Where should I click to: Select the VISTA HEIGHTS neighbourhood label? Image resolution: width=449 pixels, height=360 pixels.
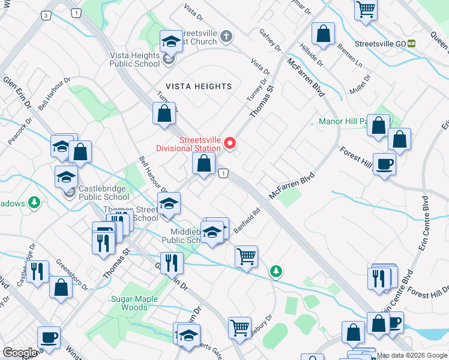(x=195, y=86)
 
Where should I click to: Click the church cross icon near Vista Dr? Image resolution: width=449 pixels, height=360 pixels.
(x=226, y=37)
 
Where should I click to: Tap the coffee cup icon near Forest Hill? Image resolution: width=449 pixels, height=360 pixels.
(x=384, y=163)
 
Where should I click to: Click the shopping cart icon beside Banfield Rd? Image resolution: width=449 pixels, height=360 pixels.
(x=246, y=257)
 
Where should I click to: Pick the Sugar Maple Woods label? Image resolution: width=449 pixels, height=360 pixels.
(x=134, y=303)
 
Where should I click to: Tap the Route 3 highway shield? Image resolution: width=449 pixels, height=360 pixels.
(x=46, y=14)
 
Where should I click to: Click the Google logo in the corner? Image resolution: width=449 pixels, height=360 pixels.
(x=19, y=352)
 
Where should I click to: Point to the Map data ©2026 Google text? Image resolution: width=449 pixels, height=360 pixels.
(x=412, y=355)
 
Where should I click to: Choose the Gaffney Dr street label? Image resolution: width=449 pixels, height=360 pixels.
(x=270, y=38)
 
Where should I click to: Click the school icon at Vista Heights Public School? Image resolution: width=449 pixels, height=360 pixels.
(x=170, y=42)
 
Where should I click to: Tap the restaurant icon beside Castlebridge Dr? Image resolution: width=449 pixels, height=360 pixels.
(x=38, y=271)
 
